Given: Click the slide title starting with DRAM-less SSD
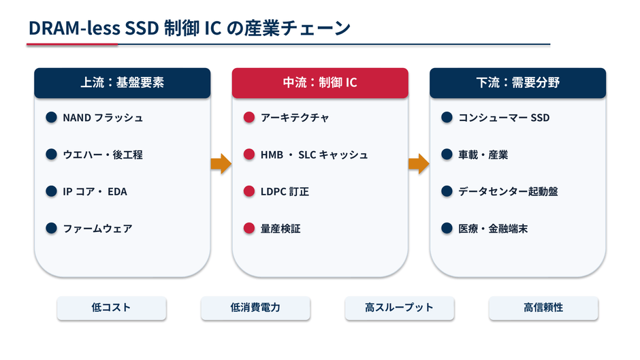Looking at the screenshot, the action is pyautogui.click(x=189, y=28).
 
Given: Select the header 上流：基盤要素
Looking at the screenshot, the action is pyautogui.click(x=123, y=83).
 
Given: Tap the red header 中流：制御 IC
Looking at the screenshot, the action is pyautogui.click(x=320, y=83).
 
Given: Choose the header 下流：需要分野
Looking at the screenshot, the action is pyautogui.click(x=517, y=83).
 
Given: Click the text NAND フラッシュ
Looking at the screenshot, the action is pyautogui.click(x=103, y=118).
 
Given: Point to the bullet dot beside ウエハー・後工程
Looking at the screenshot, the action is pyautogui.click(x=52, y=154).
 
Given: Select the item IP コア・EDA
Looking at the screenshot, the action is pyautogui.click(x=95, y=191).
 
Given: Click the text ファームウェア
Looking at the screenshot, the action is pyautogui.click(x=97, y=229).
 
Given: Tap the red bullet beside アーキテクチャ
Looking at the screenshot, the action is pyautogui.click(x=249, y=118).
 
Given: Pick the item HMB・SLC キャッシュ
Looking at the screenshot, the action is pyautogui.click(x=315, y=154).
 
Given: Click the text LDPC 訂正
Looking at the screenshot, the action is pyautogui.click(x=285, y=191).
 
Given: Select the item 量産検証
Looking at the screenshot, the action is pyautogui.click(x=281, y=229).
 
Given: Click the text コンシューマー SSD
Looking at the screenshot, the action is pyautogui.click(x=504, y=118).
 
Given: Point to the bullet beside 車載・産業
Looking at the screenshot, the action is pyautogui.click(x=447, y=154).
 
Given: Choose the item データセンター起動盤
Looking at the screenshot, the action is pyautogui.click(x=508, y=191).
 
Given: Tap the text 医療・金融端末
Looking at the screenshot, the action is pyautogui.click(x=493, y=229).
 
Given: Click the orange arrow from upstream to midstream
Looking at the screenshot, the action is pyautogui.click(x=221, y=164).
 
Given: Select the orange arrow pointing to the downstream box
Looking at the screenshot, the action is pyautogui.click(x=419, y=164).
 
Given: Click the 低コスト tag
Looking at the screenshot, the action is pyautogui.click(x=112, y=308).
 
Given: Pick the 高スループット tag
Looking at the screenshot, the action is pyautogui.click(x=399, y=308).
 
